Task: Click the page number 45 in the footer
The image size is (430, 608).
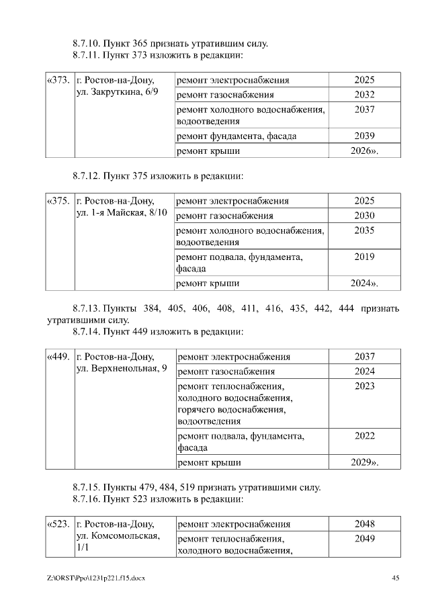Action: (x=396, y=578)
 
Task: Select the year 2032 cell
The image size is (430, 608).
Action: (x=364, y=95)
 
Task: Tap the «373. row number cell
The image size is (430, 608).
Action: (x=58, y=81)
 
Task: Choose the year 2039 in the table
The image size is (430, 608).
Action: (x=364, y=136)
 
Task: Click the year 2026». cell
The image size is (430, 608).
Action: (x=364, y=151)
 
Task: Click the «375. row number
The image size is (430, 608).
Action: (x=58, y=201)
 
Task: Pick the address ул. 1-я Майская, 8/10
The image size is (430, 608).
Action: (x=121, y=213)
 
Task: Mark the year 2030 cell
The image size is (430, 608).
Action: (x=364, y=216)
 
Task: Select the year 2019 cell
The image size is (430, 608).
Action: (x=364, y=257)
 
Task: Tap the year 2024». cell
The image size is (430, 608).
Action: (x=364, y=284)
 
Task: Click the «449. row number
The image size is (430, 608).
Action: (x=58, y=357)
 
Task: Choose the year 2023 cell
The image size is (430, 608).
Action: (x=364, y=386)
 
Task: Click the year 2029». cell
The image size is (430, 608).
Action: (x=364, y=463)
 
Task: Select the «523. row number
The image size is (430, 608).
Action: (x=58, y=524)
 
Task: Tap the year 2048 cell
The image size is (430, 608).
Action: (x=364, y=524)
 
